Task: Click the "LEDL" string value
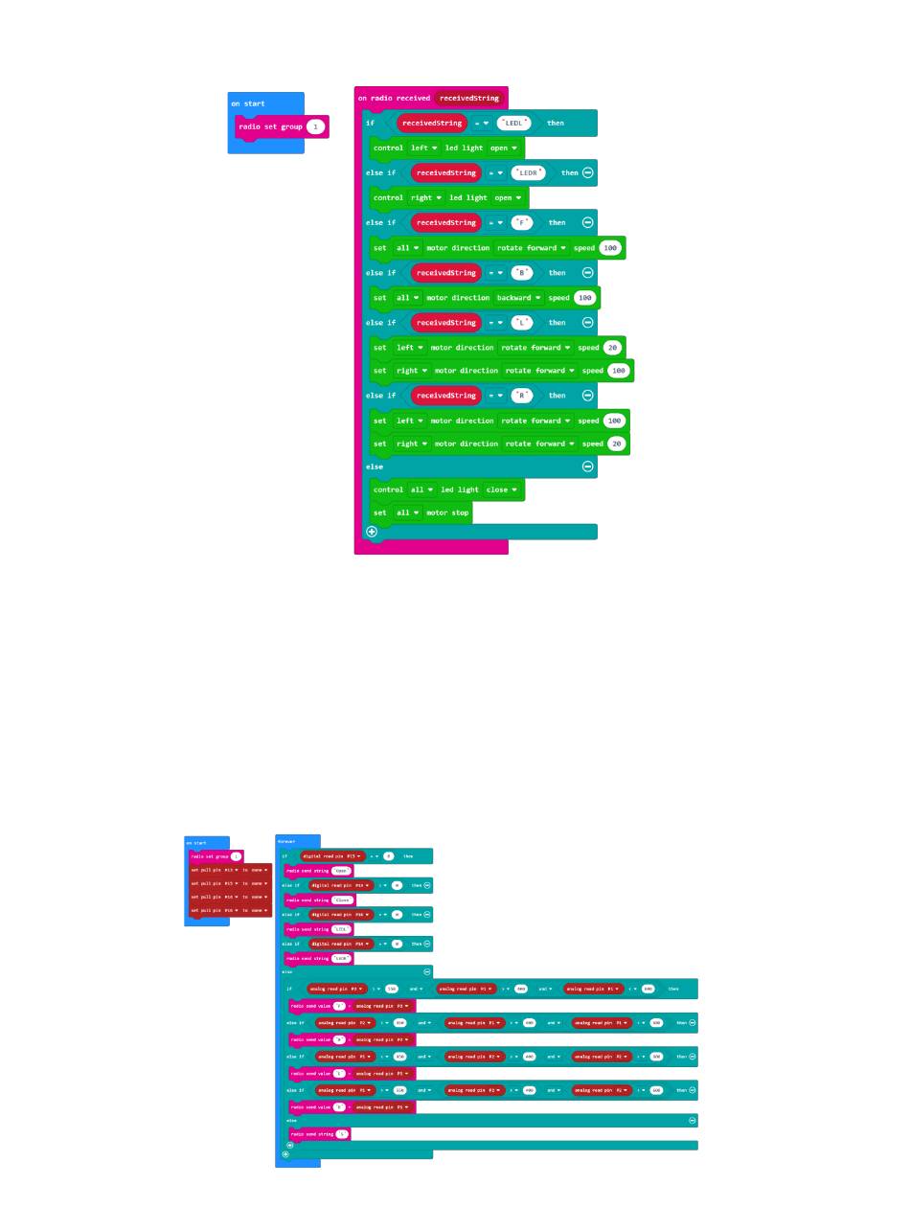513,123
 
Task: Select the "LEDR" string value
528,172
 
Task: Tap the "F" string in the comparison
521,222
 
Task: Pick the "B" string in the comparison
521,273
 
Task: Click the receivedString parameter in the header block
469,98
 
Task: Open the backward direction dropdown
519,298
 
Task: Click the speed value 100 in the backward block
584,298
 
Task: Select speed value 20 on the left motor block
612,348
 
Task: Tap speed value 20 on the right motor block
617,444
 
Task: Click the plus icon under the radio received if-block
372,532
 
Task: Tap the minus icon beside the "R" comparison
587,396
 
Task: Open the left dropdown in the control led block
423,148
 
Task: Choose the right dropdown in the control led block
426,198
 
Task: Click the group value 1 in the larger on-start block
315,126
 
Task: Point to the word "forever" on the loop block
285,841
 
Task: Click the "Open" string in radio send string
342,871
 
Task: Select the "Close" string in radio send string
342,900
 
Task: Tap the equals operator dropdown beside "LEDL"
482,123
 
